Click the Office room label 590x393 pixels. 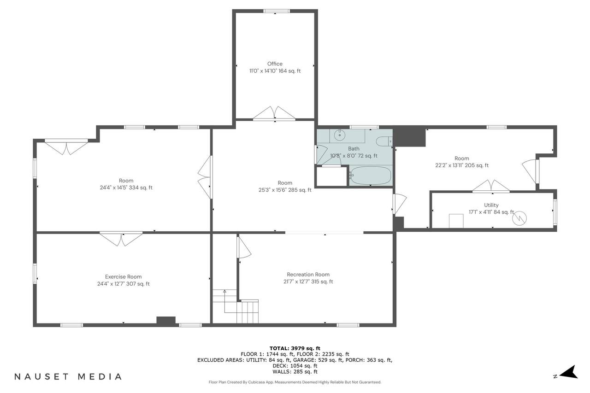pos(275,64)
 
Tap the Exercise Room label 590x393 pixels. pos(123,276)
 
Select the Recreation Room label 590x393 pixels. pos(308,275)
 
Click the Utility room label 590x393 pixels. pos(491,205)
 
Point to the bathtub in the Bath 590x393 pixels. pos(371,176)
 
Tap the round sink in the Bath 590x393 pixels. pos(340,135)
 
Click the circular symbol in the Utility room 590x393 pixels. pos(519,218)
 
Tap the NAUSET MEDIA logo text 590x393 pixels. pos(68,377)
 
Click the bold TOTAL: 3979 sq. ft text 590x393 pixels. pos(295,348)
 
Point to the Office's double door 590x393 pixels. pos(274,113)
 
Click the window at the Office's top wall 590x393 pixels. pos(277,11)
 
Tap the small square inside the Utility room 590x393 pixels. pos(456,221)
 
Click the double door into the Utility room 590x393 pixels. pos(491,186)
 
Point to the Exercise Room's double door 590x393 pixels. pos(121,239)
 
